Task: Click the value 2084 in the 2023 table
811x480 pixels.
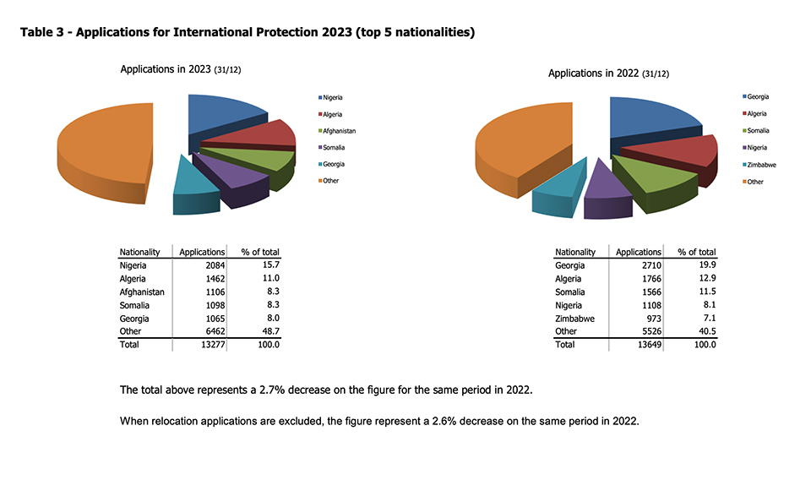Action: pyautogui.click(x=214, y=265)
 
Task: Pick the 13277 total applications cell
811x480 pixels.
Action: pyautogui.click(x=211, y=345)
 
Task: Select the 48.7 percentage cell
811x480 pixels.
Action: pyautogui.click(x=269, y=331)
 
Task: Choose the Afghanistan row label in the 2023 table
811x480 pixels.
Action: pyautogui.click(x=142, y=292)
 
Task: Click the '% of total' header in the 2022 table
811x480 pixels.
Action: pyautogui.click(x=696, y=252)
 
